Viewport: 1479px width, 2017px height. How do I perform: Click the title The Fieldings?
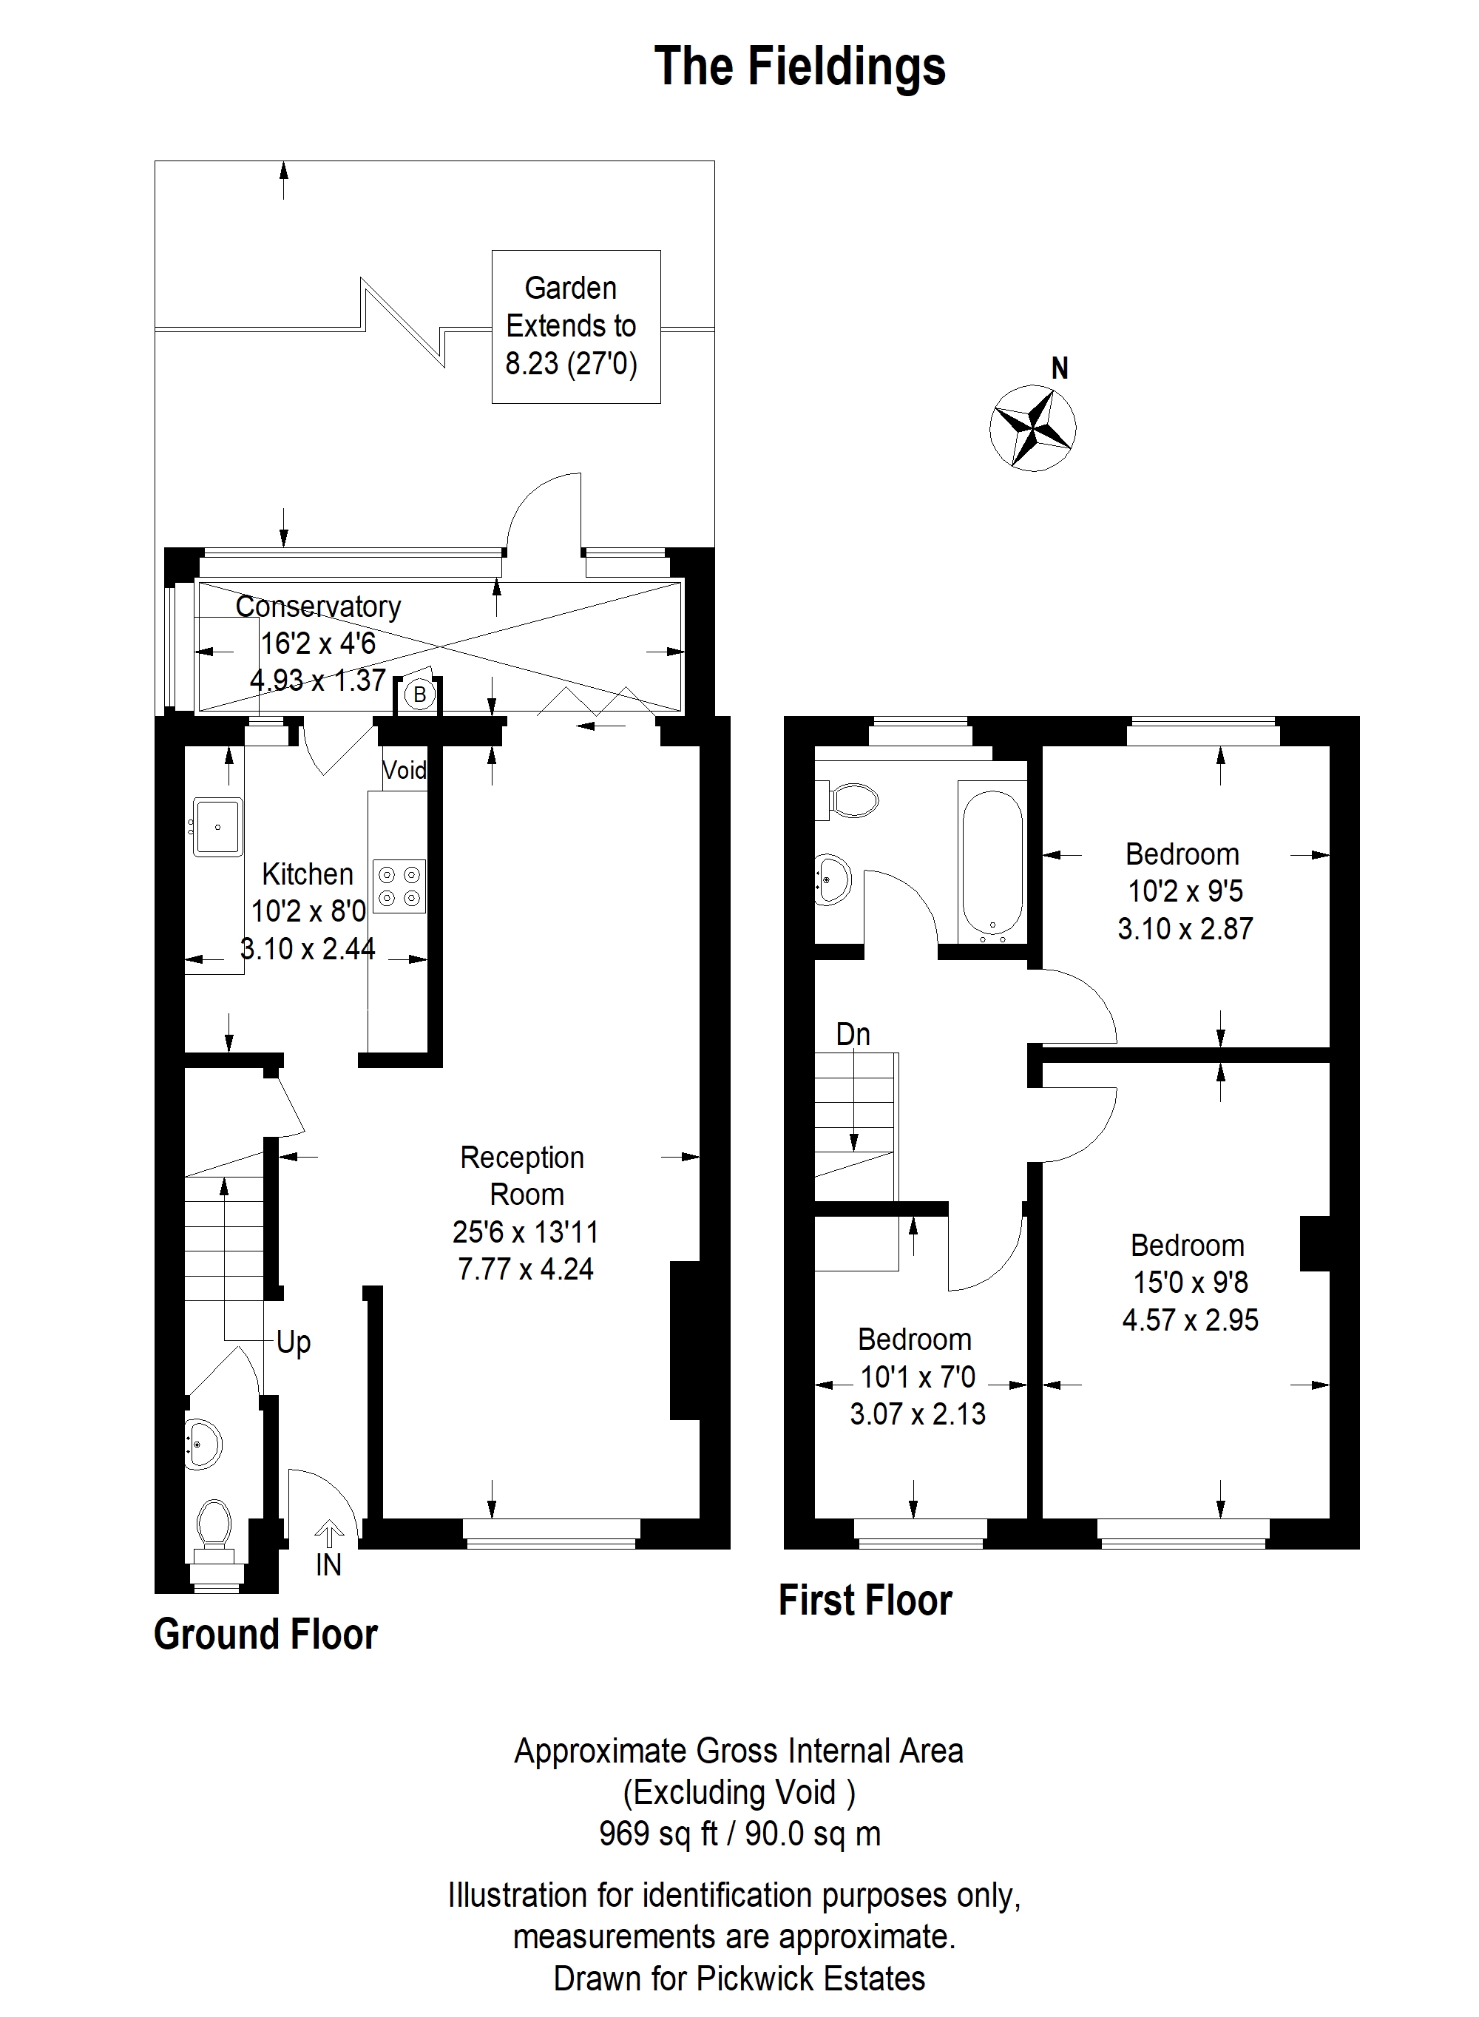[799, 67]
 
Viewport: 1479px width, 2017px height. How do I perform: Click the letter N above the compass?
[1060, 368]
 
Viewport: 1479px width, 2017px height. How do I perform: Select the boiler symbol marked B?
[419, 694]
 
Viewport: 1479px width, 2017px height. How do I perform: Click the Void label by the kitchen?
[405, 770]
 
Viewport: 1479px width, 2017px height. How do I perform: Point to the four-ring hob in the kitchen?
[399, 885]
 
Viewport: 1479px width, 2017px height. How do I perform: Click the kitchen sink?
[217, 826]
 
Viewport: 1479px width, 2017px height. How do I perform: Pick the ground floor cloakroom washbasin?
[203, 1444]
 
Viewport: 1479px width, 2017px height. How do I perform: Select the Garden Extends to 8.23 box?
[577, 327]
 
